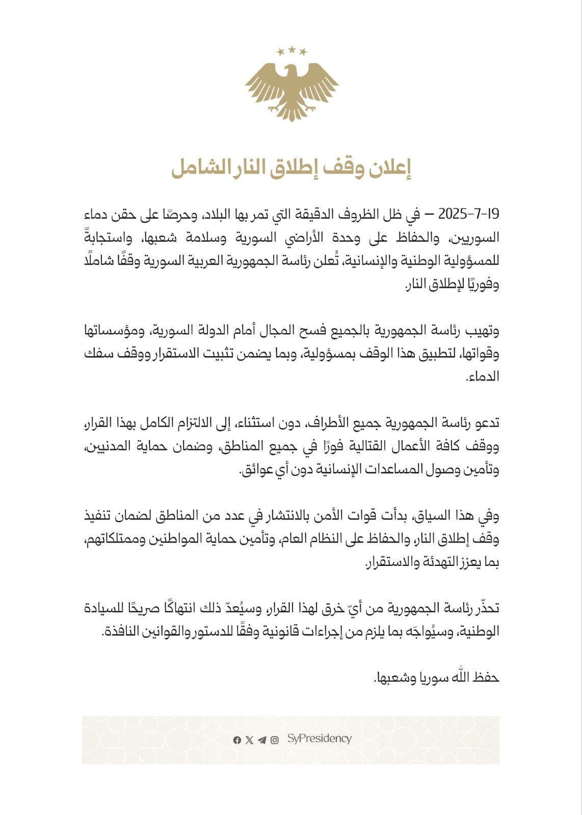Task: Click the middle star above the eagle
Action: click(x=292, y=49)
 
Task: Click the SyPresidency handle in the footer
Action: click(x=320, y=739)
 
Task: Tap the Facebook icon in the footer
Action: click(x=237, y=740)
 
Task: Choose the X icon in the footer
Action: click(x=249, y=740)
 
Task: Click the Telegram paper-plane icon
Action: click(x=262, y=740)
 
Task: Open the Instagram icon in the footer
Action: click(x=275, y=740)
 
